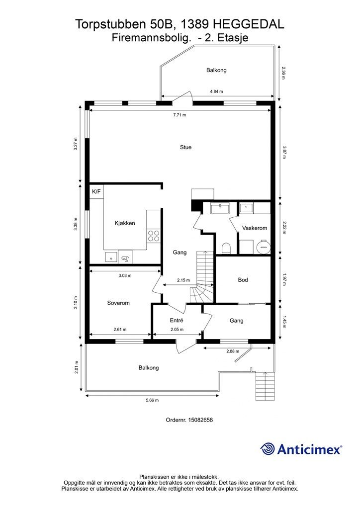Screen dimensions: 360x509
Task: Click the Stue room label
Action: pos(185,147)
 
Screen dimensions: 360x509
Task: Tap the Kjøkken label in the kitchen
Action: pos(125,223)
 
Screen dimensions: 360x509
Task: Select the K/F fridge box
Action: pos(96,192)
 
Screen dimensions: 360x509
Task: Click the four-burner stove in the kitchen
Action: pos(154,236)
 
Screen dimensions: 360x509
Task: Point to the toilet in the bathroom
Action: pos(226,249)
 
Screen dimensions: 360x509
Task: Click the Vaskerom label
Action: pos(255,228)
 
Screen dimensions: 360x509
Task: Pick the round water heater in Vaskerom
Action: pos(263,247)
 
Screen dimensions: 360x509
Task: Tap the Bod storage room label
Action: pos(243,280)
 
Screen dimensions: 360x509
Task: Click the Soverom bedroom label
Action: pos(118,303)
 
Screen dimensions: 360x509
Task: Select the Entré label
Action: pos(176,321)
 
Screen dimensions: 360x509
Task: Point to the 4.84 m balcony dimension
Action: pos(216,91)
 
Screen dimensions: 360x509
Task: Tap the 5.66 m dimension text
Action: pos(152,400)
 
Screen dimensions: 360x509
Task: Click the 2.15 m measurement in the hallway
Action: pos(183,280)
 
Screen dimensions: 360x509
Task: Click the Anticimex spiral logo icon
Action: pos(268,449)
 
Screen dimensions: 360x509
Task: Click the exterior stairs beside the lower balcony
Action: pos(266,387)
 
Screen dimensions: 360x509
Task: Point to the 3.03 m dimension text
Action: pos(125,275)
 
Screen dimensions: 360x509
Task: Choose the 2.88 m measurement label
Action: pos(233,351)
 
